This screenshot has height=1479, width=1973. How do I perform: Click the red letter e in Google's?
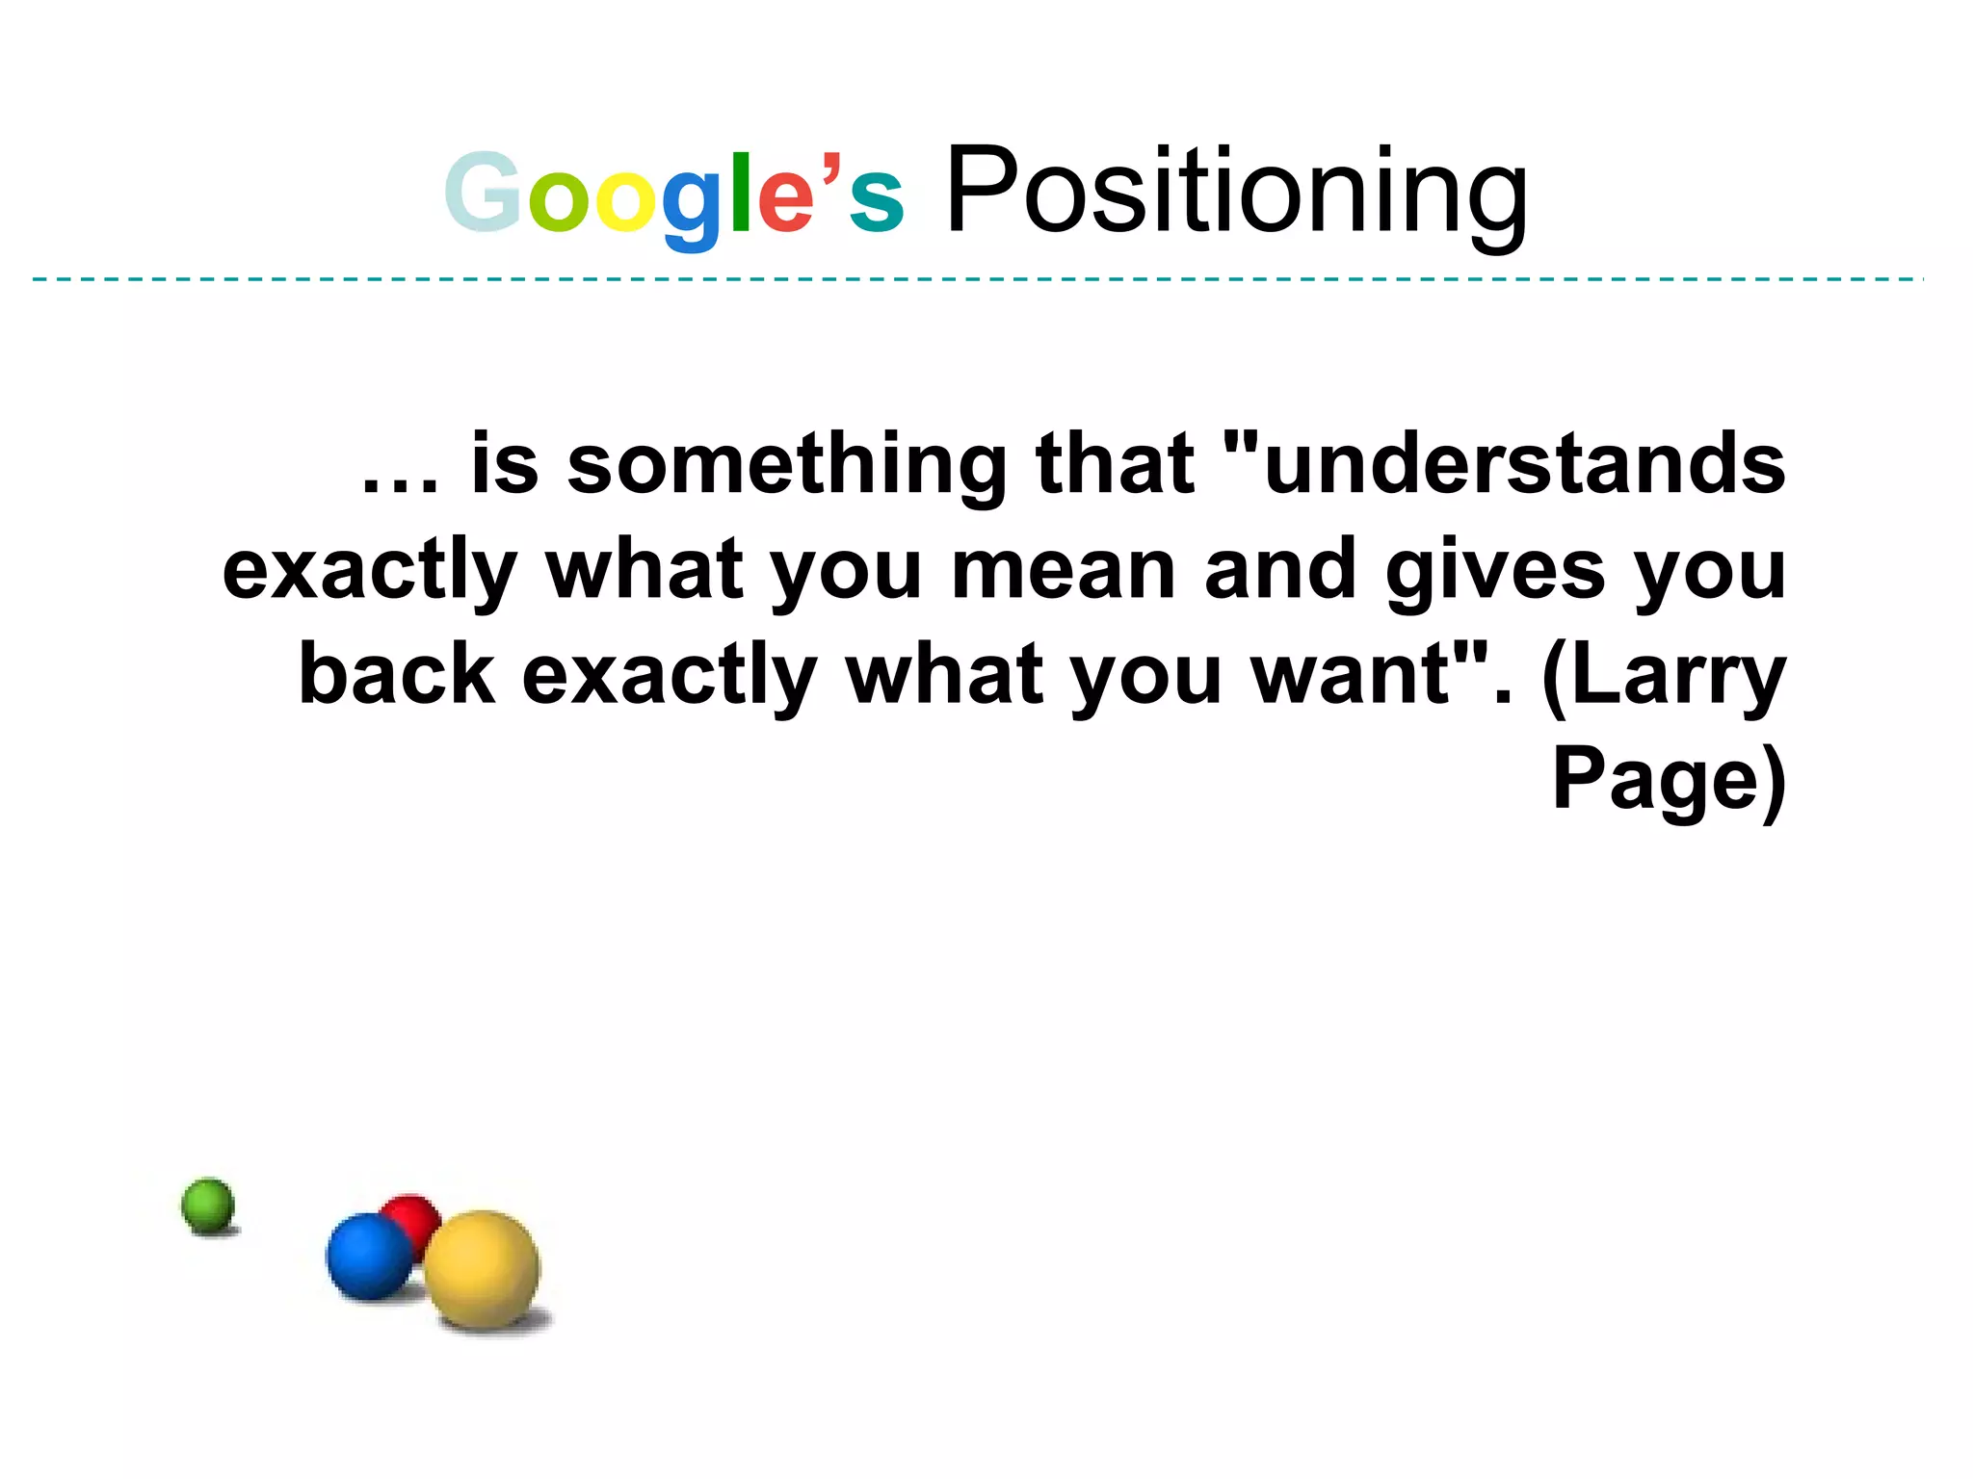tap(786, 203)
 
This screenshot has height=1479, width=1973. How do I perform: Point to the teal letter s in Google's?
tap(876, 203)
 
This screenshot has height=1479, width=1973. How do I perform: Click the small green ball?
tap(208, 1204)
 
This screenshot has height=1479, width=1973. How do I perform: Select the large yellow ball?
tap(482, 1269)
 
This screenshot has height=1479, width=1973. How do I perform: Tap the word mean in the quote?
tap(1064, 570)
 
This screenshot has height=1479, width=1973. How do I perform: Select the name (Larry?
tap(1664, 677)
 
